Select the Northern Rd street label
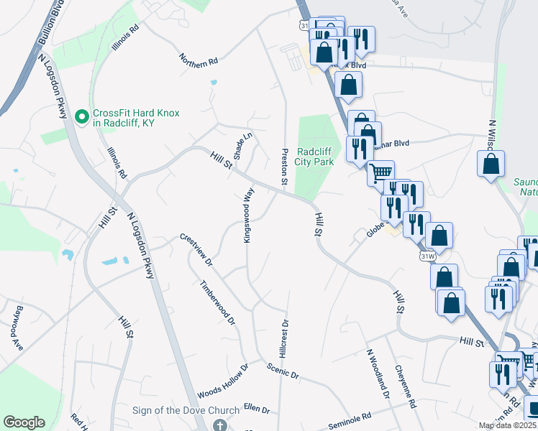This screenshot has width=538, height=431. [x=199, y=62]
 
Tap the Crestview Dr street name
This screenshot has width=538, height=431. [x=196, y=249]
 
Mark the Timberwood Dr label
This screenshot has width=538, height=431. [x=218, y=302]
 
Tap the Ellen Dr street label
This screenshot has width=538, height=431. [x=256, y=409]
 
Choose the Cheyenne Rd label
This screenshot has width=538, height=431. [x=406, y=386]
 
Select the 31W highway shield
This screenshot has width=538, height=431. [x=428, y=255]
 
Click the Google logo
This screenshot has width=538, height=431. [x=24, y=422]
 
